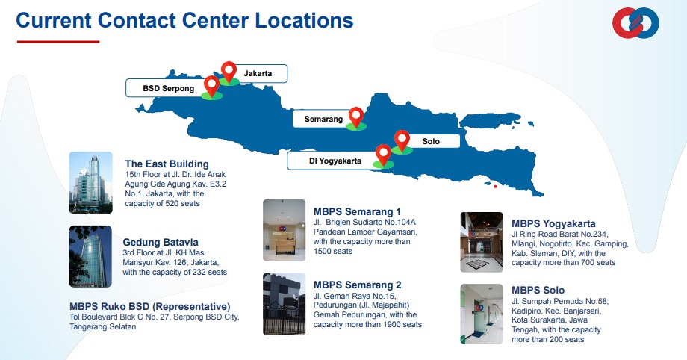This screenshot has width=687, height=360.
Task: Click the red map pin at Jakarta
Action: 229,71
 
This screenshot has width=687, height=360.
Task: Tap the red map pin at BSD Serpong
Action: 211,85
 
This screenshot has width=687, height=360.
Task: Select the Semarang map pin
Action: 356,117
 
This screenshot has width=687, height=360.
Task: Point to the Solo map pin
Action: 402,140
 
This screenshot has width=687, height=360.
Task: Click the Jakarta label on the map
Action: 258,74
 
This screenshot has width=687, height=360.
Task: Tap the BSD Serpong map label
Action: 168,88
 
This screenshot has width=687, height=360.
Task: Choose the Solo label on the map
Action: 431,141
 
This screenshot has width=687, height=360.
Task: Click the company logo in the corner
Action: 635,23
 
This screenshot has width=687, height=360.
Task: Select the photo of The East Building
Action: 90,182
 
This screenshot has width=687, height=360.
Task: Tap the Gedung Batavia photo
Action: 90,256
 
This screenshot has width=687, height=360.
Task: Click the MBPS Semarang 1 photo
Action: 284,230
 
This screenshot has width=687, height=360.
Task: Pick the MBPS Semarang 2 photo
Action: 284,304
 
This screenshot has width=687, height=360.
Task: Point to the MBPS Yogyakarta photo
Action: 482,242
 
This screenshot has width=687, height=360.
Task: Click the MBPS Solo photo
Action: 482,314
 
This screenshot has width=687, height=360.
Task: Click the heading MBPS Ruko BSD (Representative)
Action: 150,306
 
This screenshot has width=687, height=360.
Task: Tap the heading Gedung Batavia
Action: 161,242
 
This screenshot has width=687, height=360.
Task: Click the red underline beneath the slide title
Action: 58,42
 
